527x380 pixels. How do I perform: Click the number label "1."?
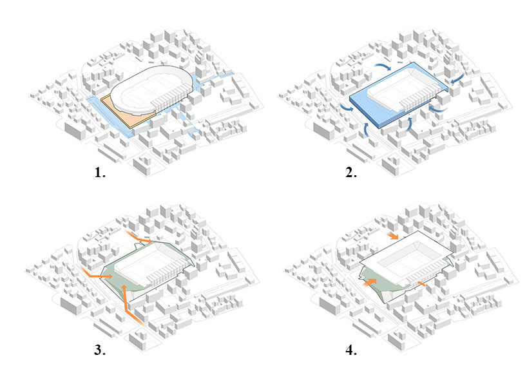click(x=100, y=173)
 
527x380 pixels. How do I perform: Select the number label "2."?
click(x=351, y=173)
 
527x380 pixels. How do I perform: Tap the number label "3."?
click(x=100, y=350)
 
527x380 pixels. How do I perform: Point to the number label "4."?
click(x=351, y=350)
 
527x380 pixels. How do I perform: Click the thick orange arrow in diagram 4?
click(x=369, y=281)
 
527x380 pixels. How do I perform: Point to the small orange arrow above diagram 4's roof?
click(x=392, y=236)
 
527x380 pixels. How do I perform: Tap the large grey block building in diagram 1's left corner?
click(x=75, y=129)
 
